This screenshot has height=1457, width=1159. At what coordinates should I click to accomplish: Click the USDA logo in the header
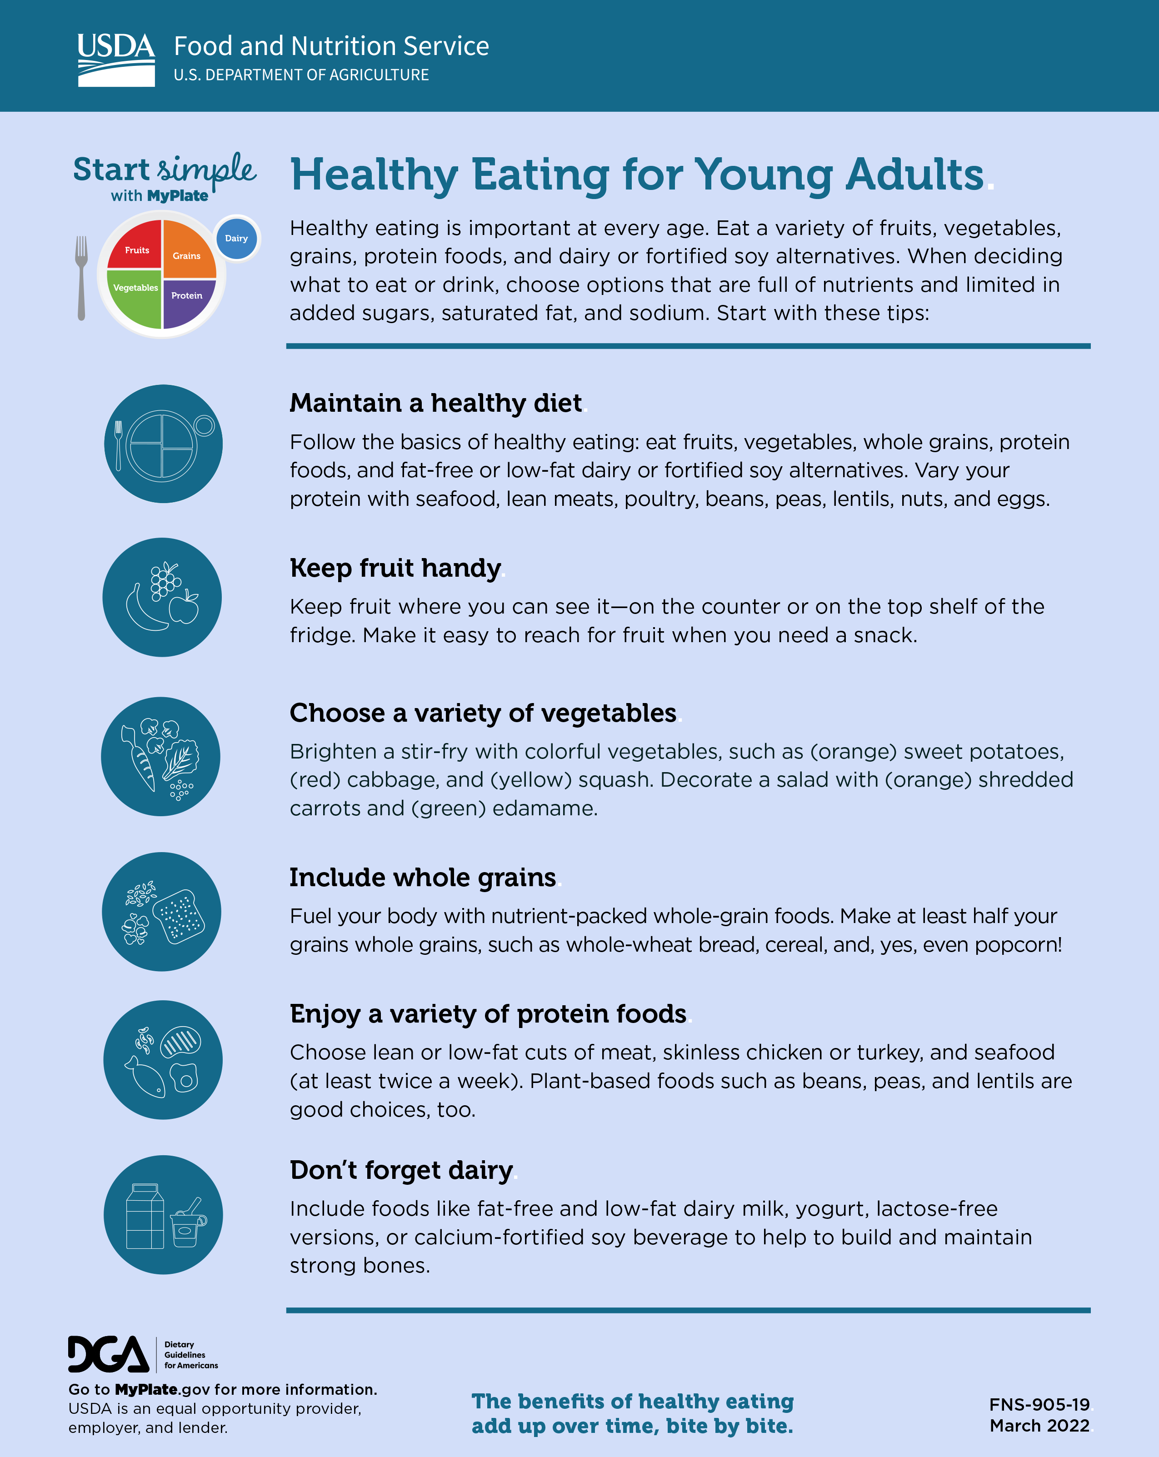(x=115, y=60)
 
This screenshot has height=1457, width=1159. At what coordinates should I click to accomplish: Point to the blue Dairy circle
(x=236, y=238)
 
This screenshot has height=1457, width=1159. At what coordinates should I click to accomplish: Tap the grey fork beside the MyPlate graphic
(x=81, y=277)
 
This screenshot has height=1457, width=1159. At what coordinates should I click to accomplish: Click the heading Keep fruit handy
(x=395, y=568)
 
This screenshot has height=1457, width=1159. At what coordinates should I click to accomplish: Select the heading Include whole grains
(x=422, y=877)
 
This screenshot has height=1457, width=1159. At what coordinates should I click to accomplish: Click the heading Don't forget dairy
(x=401, y=1170)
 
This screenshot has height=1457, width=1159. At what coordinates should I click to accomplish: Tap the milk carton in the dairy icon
(x=145, y=1217)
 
